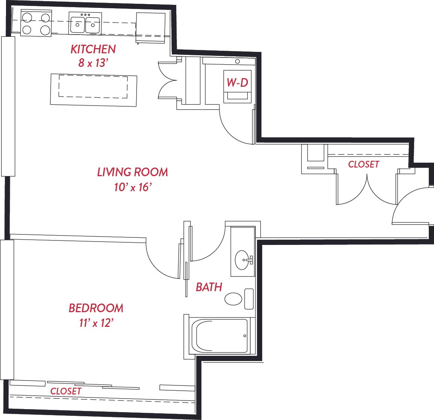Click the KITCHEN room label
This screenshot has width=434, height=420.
[93, 49]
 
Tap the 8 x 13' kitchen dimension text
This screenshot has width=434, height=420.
[92, 63]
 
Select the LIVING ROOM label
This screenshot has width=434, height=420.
[132, 172]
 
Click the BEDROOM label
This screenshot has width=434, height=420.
[96, 308]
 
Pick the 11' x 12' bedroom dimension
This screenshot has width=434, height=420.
[96, 323]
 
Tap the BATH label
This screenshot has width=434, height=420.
[209, 287]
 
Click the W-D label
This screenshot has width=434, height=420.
[237, 82]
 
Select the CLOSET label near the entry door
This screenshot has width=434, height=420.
[363, 165]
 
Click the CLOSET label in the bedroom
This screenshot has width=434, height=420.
[66, 391]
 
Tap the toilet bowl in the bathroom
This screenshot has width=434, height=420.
[233, 299]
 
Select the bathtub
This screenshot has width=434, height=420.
[219, 336]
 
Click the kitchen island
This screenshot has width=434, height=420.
[93, 89]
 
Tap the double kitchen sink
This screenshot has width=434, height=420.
[85, 24]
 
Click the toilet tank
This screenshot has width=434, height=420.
[249, 299]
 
